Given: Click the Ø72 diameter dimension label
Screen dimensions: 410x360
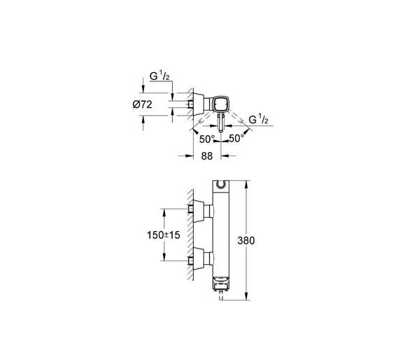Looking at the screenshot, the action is [142, 105].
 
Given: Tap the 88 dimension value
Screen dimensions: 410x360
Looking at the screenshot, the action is [207, 156].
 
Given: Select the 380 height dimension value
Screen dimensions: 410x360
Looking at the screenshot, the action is [246, 240].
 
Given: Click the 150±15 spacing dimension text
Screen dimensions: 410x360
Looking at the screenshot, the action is [164, 235].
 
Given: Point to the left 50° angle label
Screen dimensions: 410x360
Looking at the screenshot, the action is [207, 139].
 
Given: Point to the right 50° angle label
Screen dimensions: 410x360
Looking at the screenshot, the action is [236, 138].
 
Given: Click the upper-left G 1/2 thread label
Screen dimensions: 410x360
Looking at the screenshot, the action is [160, 76].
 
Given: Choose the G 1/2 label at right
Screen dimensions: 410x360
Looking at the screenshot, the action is [258, 120].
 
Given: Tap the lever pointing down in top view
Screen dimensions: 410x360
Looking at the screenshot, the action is [220, 123].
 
